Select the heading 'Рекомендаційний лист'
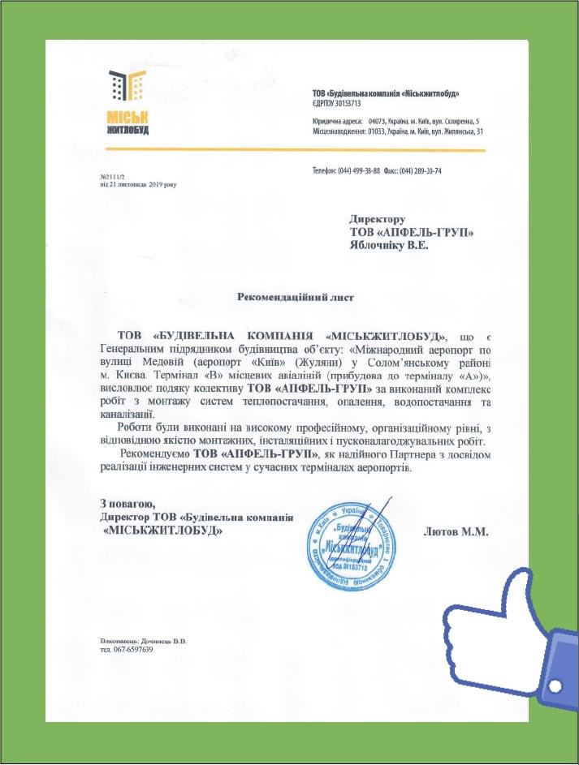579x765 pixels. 296,298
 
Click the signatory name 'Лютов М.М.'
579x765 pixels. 456,532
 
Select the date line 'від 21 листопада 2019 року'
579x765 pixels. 138,184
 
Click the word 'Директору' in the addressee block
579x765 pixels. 377,219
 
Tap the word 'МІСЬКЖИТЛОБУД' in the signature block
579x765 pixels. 163,530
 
